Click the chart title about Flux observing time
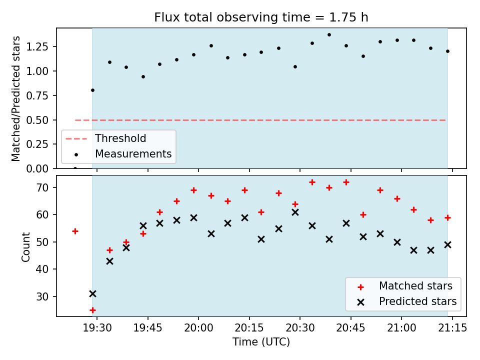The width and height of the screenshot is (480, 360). (x=261, y=17)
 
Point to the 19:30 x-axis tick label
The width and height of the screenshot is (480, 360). (x=97, y=328)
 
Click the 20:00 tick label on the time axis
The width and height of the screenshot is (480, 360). (x=198, y=328)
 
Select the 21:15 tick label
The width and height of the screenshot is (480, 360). (x=452, y=328)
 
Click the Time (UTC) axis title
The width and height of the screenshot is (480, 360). (x=261, y=342)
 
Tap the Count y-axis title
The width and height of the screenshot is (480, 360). (x=25, y=246)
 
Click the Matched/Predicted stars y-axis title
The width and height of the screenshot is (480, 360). (x=15, y=98)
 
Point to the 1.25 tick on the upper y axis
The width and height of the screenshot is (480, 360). (x=37, y=47)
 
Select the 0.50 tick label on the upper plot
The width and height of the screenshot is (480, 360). (x=37, y=120)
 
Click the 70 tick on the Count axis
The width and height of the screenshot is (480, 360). (x=42, y=187)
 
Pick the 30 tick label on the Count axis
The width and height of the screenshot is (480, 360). (x=42, y=296)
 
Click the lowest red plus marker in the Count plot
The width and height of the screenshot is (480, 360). (x=93, y=310)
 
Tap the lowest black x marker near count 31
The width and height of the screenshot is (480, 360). (x=93, y=294)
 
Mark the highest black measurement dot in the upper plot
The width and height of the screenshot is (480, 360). (x=329, y=35)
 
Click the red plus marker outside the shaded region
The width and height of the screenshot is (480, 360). (x=75, y=231)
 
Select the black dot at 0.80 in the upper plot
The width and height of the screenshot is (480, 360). (x=93, y=90)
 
